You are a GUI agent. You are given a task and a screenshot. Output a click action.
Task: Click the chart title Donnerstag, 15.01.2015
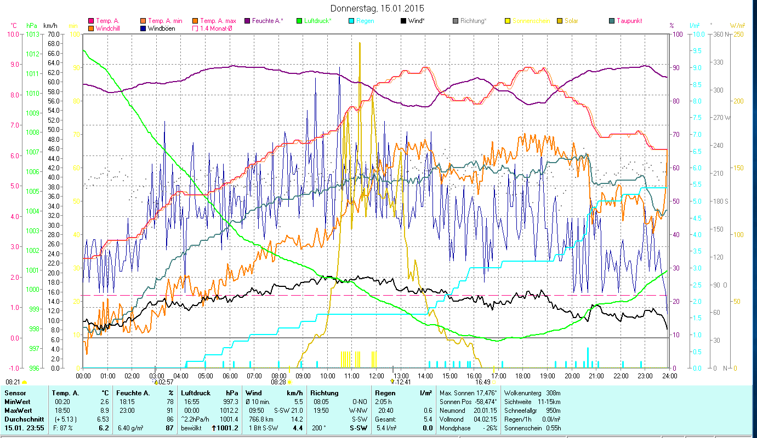tap(378, 9)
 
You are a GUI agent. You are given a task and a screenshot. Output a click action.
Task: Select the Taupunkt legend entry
tap(629, 21)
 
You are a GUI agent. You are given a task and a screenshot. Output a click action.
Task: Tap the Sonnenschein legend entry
tap(534, 21)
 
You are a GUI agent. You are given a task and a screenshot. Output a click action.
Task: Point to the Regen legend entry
tap(365, 21)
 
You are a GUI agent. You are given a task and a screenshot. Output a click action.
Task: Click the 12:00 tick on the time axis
tap(377, 376)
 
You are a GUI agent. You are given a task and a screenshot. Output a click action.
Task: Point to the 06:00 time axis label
tap(230, 376)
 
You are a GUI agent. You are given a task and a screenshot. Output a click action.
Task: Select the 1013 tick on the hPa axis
tap(33, 34)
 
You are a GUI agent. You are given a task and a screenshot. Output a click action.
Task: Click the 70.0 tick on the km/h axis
tap(53, 34)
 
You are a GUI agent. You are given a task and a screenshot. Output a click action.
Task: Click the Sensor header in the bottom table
tap(15, 393)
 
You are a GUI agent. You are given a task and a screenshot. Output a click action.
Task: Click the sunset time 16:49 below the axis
tap(482, 382)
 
